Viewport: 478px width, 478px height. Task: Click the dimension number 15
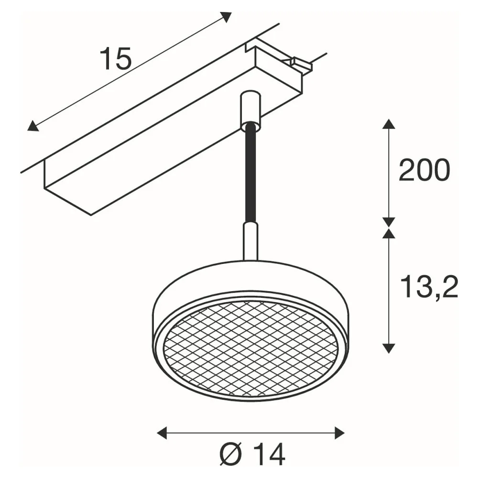(x=116, y=59)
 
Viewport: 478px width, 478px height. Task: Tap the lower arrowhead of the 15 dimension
(x=33, y=126)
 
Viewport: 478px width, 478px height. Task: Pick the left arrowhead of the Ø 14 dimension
(x=162, y=433)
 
